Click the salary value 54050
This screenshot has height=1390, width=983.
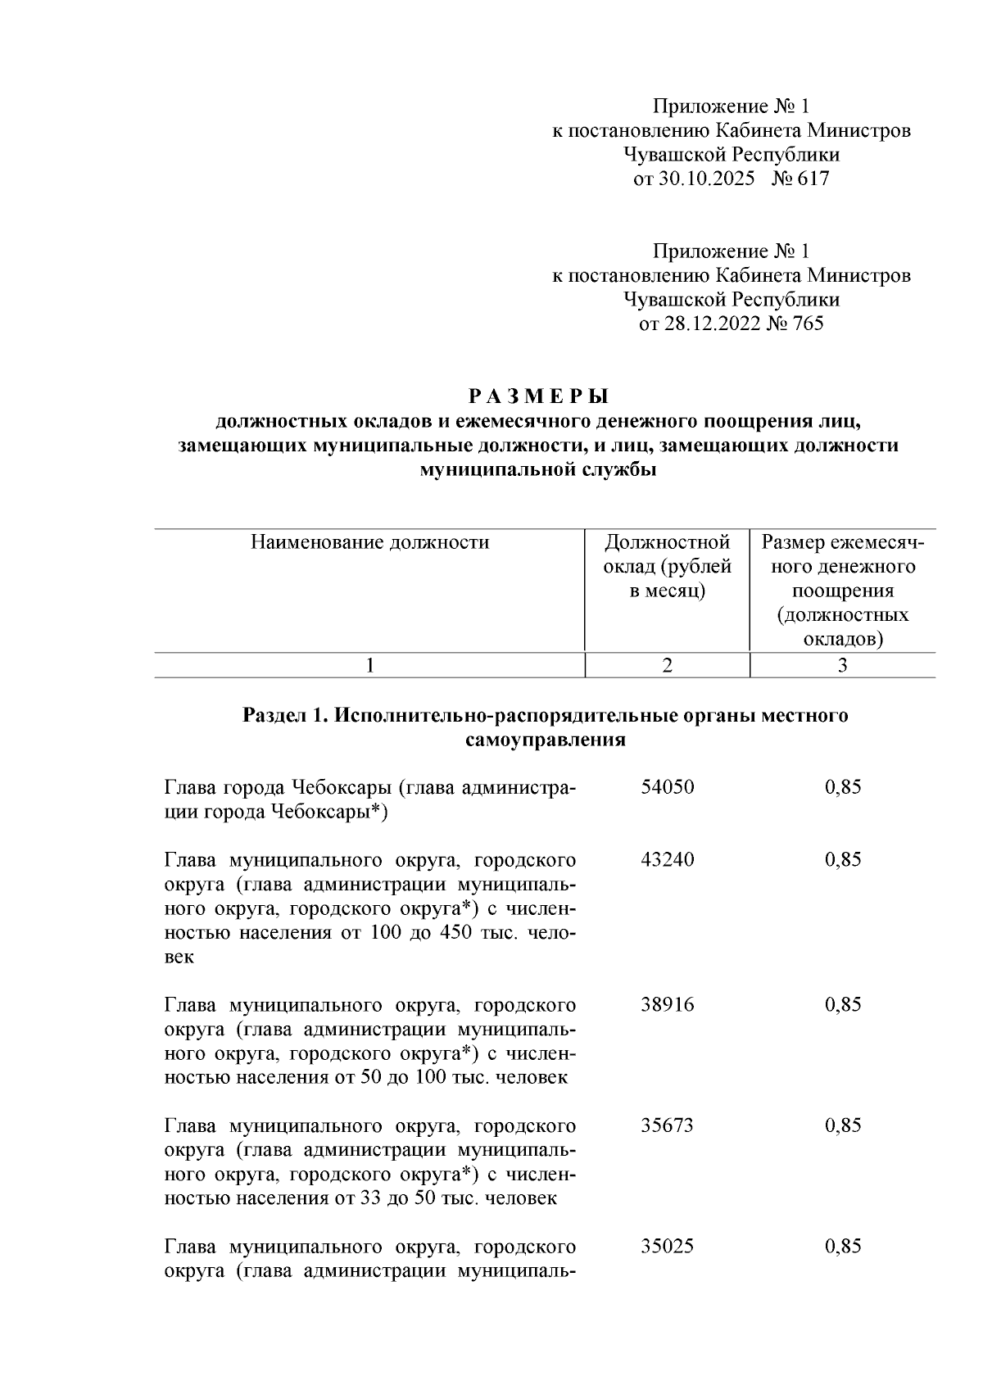667,788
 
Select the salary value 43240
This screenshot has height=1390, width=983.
667,860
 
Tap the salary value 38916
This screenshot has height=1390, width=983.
667,1005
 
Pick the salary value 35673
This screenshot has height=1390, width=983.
667,1125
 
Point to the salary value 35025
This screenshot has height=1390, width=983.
667,1247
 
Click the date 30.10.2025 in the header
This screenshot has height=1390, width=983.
706,179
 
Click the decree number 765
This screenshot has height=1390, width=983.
808,324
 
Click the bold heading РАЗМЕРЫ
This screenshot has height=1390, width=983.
538,397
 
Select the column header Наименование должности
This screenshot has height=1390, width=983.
369,542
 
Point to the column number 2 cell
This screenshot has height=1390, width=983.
667,666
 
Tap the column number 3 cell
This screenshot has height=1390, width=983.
842,666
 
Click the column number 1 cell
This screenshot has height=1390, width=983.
369,666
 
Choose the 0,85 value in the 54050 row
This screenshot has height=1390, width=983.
843,788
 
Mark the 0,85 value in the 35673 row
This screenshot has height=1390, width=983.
843,1125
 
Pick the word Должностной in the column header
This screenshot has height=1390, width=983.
667,542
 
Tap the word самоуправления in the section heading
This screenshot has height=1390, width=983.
546,740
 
